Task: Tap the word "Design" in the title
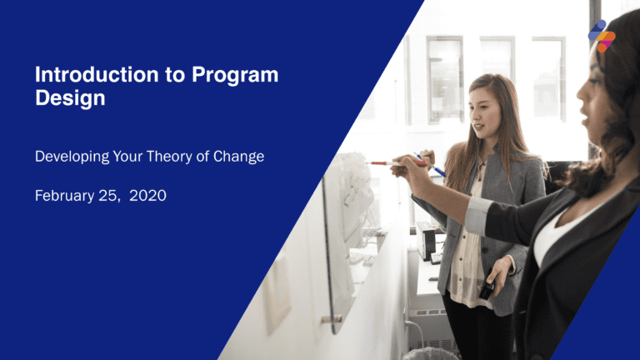(x=70, y=98)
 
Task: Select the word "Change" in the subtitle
(x=239, y=156)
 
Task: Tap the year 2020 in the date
(x=147, y=196)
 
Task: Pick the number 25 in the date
(x=113, y=196)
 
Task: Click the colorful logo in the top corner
(x=601, y=36)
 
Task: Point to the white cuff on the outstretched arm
(x=477, y=215)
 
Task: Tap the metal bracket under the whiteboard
(x=331, y=318)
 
